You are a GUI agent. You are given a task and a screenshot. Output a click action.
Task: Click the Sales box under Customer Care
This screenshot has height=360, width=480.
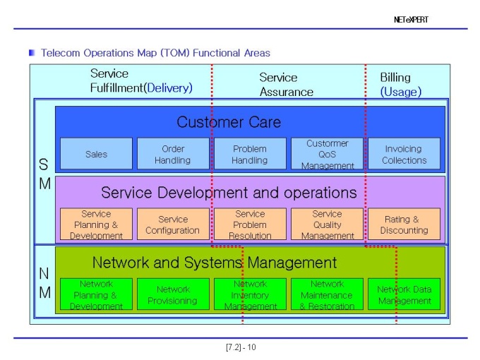click(x=96, y=153)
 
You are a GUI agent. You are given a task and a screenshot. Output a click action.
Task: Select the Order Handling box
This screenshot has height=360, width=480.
click(x=173, y=153)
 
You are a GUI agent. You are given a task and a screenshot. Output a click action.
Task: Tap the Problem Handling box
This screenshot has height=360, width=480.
click(x=250, y=153)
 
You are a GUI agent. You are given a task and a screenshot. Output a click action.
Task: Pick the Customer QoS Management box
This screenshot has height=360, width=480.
click(x=327, y=153)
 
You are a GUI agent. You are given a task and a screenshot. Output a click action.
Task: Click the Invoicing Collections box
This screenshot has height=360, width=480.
click(x=404, y=153)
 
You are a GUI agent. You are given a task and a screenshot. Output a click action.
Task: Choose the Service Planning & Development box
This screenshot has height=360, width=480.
click(x=96, y=224)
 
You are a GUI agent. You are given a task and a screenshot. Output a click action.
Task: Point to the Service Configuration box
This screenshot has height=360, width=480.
click(x=173, y=224)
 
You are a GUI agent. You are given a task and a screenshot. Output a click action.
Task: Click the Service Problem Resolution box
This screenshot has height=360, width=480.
click(x=250, y=224)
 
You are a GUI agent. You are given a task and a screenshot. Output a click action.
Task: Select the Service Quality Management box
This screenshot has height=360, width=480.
click(x=327, y=224)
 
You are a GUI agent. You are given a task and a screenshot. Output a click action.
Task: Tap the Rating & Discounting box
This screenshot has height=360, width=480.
click(x=404, y=224)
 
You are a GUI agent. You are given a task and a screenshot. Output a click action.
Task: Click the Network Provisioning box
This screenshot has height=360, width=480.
click(x=173, y=294)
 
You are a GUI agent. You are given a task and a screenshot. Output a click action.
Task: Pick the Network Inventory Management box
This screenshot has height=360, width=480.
click(x=250, y=294)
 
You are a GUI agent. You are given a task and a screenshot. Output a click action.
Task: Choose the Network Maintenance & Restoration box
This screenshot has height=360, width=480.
click(x=327, y=294)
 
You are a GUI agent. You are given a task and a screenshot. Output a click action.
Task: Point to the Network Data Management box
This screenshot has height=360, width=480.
click(x=404, y=294)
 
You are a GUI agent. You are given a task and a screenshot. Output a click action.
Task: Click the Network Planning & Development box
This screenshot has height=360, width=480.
click(x=96, y=294)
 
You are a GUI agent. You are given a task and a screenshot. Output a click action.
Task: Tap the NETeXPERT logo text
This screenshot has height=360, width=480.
click(x=411, y=20)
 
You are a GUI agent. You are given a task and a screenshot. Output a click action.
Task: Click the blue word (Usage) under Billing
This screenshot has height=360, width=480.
click(x=401, y=92)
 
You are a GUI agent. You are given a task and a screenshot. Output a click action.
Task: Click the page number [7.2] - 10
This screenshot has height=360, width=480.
click(x=241, y=347)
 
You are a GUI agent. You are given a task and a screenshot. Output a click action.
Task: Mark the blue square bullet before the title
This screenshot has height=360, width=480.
click(x=32, y=53)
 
